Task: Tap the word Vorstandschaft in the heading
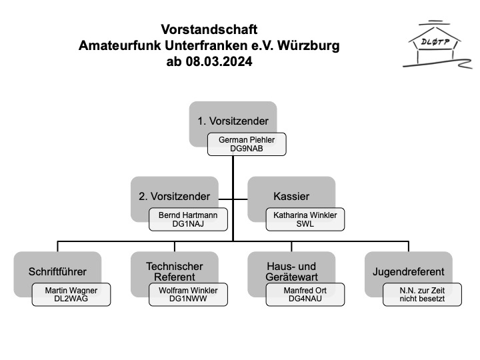click(209, 30)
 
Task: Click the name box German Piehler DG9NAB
click(247, 145)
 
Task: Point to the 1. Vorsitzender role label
click(233, 121)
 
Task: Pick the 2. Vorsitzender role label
click(175, 196)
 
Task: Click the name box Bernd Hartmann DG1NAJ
click(188, 220)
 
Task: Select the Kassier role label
click(291, 196)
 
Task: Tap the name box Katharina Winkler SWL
click(305, 220)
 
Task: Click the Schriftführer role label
click(57, 271)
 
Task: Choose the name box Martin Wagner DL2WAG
click(71, 295)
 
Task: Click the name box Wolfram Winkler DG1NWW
click(188, 295)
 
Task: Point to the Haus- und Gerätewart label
click(291, 271)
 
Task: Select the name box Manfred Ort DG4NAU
click(305, 295)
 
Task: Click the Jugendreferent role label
click(409, 271)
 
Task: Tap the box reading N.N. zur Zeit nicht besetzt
click(423, 295)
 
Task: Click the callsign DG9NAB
click(247, 149)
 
